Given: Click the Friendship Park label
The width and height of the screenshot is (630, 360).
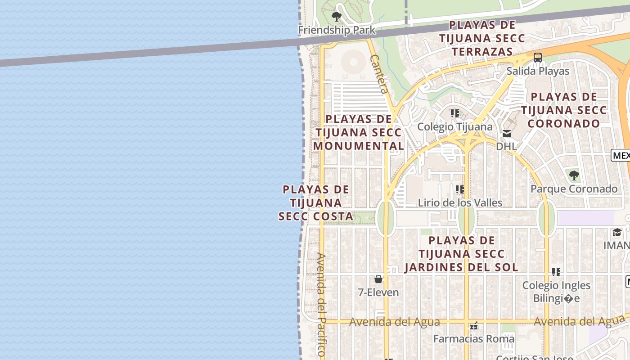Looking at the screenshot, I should click(x=337, y=30).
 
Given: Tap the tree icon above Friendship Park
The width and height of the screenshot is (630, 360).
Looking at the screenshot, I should click(x=336, y=17).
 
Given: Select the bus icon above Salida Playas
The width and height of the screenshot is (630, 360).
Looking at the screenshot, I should click(x=537, y=57).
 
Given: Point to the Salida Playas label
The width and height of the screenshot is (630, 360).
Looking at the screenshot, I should click(x=538, y=71).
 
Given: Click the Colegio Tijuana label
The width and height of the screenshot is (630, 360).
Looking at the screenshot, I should click(x=455, y=126).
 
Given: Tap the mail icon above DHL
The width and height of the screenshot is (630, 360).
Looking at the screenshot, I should click(x=507, y=133).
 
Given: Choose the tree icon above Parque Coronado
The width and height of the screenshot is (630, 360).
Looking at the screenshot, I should click(x=574, y=175).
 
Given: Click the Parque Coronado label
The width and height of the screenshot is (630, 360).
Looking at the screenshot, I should click(x=574, y=189).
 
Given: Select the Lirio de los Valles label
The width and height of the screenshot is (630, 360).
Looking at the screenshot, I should click(x=460, y=202).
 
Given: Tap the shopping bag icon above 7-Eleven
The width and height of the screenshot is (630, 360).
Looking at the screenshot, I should click(x=378, y=279).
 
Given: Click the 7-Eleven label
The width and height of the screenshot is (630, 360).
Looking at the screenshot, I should click(x=378, y=292).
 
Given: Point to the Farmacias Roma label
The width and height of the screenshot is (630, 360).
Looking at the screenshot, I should click(x=474, y=338).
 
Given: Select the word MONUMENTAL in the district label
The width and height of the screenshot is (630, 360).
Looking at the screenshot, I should click(x=359, y=146).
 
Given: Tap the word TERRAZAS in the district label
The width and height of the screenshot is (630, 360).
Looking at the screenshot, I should click(x=482, y=52).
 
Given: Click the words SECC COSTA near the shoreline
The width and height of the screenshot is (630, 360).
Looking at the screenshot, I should click(x=316, y=216).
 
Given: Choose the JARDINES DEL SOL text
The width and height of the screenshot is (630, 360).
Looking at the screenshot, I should click(x=461, y=267).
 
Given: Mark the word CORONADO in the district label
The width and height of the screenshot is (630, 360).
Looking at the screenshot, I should click(x=564, y=123).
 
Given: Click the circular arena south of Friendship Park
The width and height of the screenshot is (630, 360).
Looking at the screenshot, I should click(x=354, y=62).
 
